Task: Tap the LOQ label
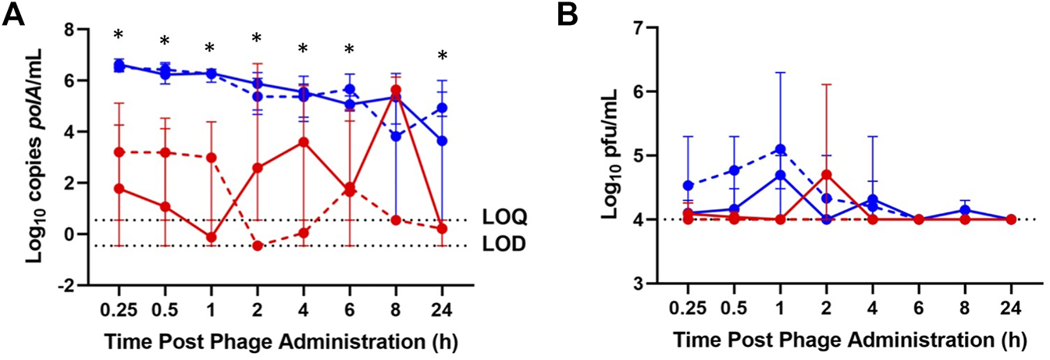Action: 502,219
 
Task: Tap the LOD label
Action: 502,245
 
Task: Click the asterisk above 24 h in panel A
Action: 442,56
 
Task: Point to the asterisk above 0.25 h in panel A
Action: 119,35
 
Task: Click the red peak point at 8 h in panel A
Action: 396,91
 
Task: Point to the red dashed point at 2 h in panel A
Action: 257,246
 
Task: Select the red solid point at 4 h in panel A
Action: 304,142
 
